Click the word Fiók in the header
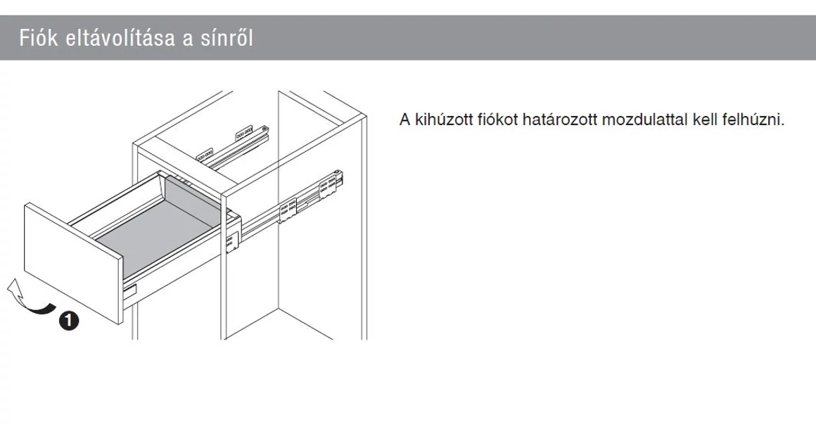36,38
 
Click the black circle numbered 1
68,321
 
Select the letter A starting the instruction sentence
404,120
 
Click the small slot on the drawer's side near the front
131,288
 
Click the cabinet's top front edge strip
183,162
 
